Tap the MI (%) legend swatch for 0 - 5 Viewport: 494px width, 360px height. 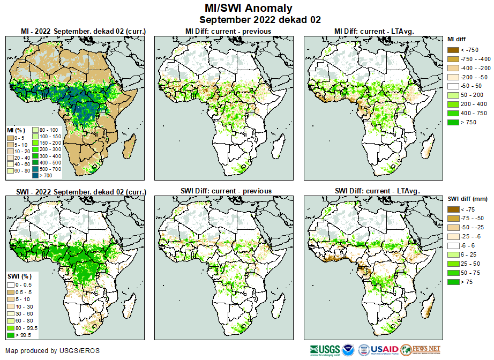11,139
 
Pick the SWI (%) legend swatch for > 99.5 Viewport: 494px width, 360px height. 11,335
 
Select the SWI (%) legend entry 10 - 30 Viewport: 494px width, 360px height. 22,305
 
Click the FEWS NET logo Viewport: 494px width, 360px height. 420,350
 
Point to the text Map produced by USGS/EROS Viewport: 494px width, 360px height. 53,351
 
